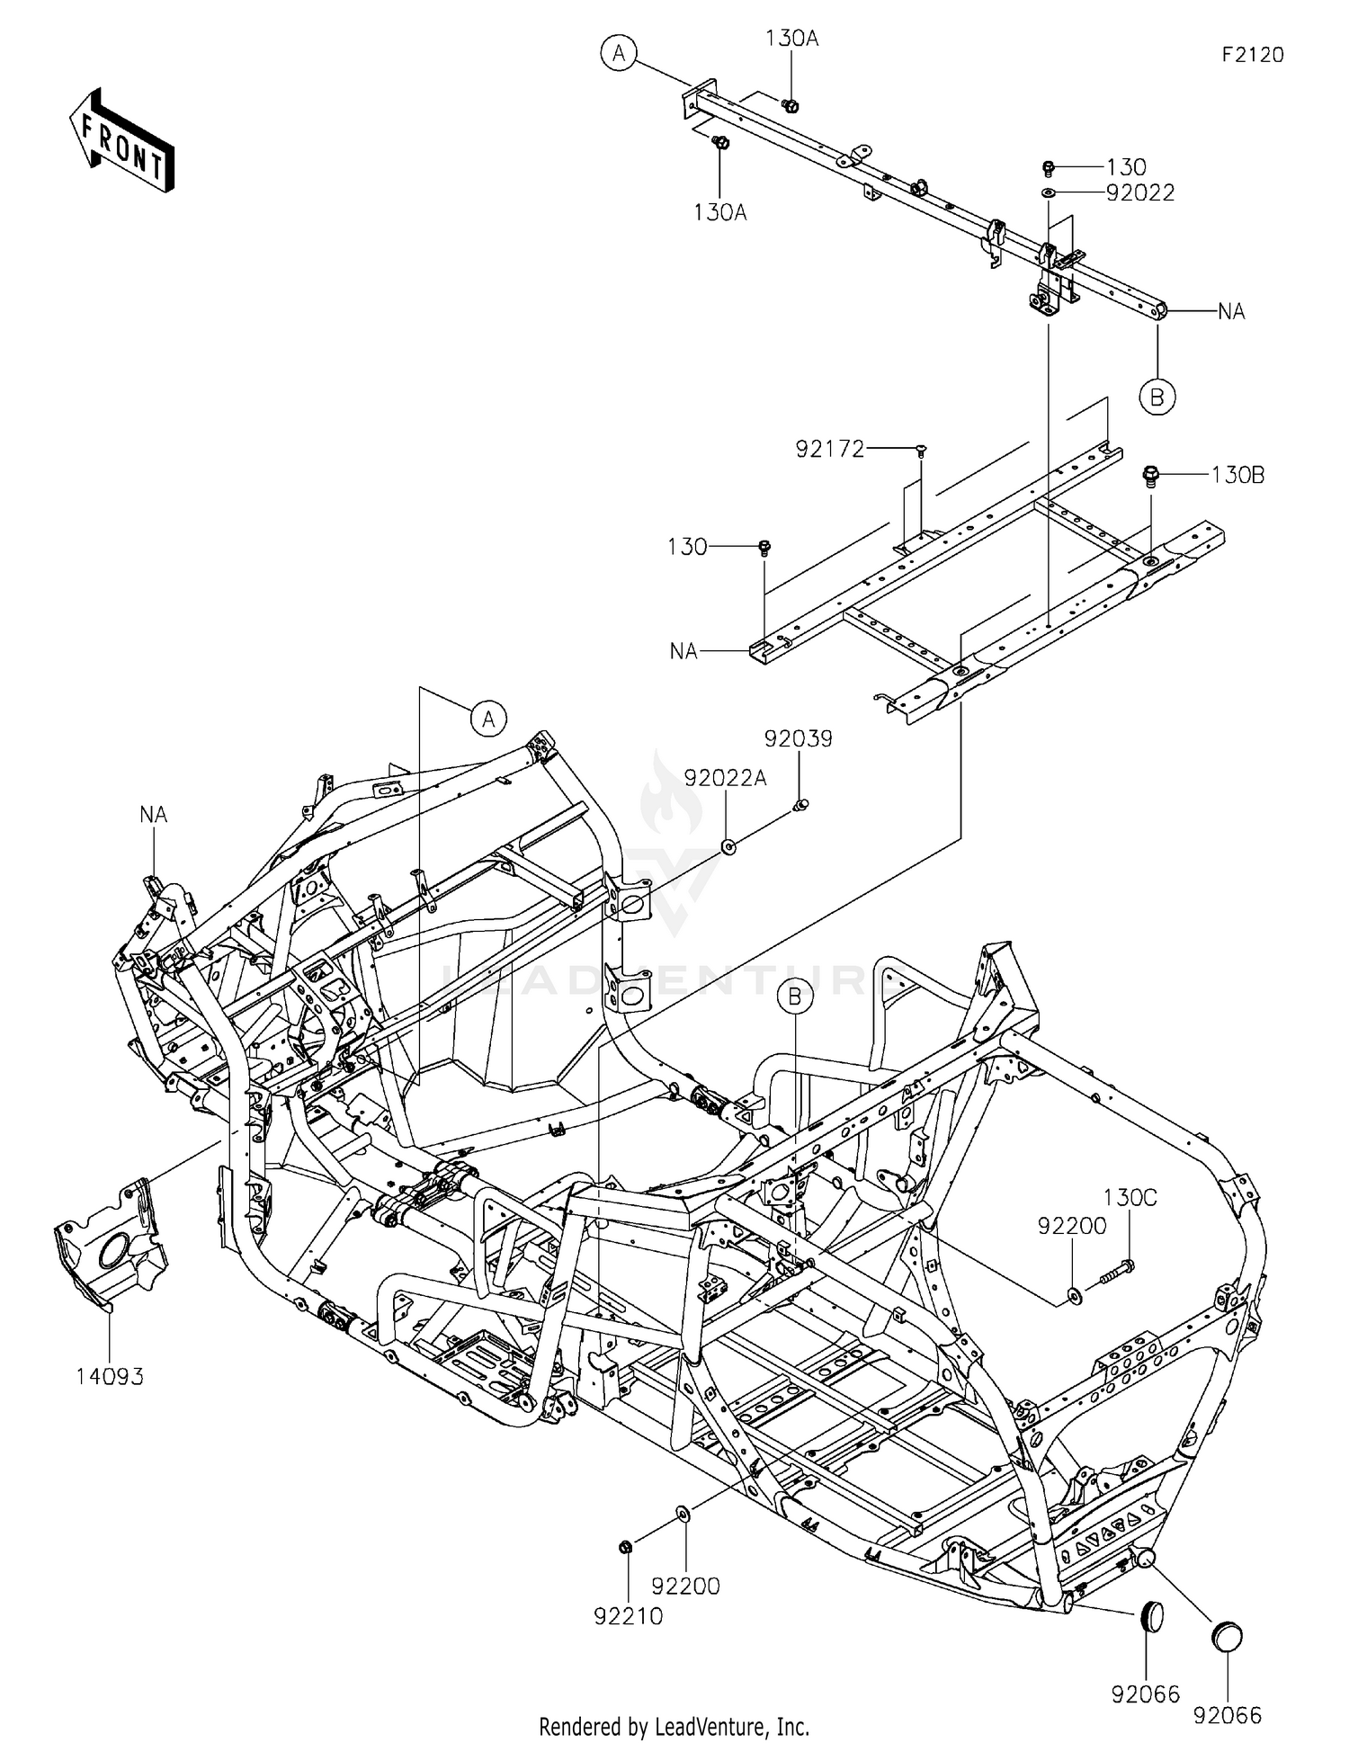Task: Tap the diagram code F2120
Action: (1252, 55)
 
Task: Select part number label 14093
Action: (110, 1376)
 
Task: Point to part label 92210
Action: (628, 1616)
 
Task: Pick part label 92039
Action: (799, 738)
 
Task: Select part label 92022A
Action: (725, 779)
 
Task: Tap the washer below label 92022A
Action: (728, 846)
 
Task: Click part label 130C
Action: (1130, 1198)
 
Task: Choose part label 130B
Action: (1237, 475)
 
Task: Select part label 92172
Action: (829, 448)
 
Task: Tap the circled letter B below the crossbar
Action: (1157, 396)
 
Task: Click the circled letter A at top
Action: (619, 54)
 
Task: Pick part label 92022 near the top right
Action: (1139, 193)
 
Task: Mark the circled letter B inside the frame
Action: (795, 997)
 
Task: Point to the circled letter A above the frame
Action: (488, 719)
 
